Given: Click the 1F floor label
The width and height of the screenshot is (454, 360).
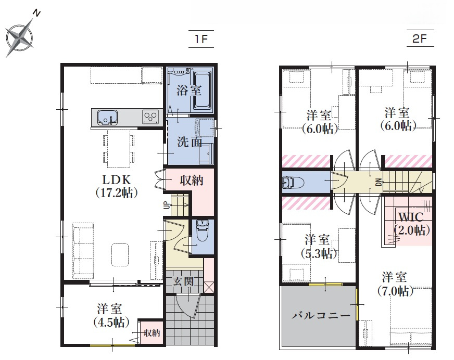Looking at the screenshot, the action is point(201,39).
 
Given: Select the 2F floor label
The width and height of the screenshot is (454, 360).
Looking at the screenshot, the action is point(420,38).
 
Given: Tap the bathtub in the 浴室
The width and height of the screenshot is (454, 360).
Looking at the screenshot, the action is point(203,91).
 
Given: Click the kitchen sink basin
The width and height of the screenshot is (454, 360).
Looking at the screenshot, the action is point(107,117).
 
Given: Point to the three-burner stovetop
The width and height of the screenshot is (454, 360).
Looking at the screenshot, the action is point(150,117).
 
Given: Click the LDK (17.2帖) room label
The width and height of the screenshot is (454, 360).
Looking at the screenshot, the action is point(117,186).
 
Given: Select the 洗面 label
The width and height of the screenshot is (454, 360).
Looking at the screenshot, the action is point(190,143).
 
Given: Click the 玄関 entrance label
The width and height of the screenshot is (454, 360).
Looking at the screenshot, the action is point(183,281).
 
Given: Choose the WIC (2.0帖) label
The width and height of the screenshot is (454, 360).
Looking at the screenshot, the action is point(412,223).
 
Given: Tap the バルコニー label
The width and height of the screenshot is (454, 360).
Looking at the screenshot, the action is point(321,315).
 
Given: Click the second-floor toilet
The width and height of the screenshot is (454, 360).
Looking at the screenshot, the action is point(293,182).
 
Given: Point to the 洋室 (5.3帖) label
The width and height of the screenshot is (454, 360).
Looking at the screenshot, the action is point(319,247).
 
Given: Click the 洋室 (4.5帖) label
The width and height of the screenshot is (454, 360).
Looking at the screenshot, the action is point(111,315).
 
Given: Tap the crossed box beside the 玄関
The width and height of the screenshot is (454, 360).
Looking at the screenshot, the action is point(208,287).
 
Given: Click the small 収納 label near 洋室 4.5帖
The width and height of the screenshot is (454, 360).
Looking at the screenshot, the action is point(152,333).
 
